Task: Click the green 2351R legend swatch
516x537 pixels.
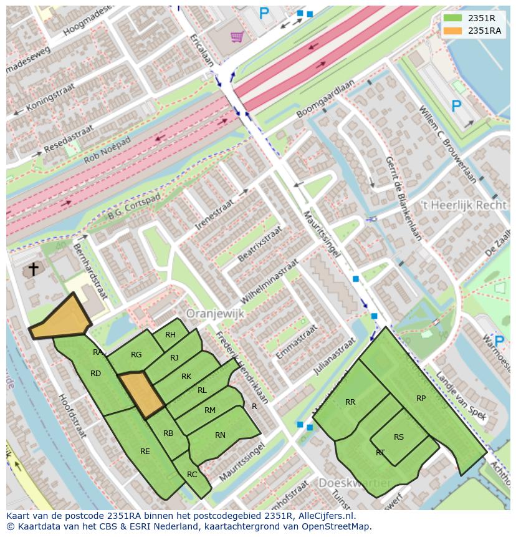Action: [x=453, y=18]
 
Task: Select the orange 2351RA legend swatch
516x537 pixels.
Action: [x=453, y=31]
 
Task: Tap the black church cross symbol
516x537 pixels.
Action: [x=33, y=269]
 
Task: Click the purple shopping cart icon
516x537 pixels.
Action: [x=236, y=37]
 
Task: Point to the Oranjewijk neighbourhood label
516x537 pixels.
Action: [x=215, y=314]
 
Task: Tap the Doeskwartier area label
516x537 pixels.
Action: [x=355, y=483]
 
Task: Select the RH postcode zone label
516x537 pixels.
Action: [x=170, y=335]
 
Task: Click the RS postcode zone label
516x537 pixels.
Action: [x=399, y=437]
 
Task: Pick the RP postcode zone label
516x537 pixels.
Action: [x=421, y=399]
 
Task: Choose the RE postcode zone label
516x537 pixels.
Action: [x=145, y=452]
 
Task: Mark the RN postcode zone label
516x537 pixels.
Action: [x=220, y=435]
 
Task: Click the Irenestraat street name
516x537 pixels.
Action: [x=214, y=213]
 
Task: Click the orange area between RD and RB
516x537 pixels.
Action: [x=141, y=395]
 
